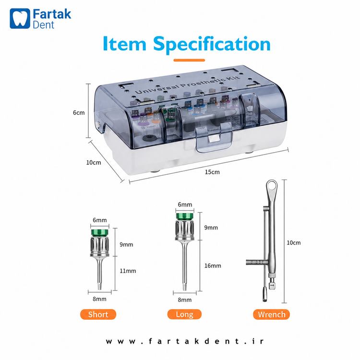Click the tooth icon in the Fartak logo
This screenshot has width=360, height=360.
tap(20, 18)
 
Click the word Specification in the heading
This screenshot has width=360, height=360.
tap(212, 44)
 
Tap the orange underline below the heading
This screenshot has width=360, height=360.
tap(189, 60)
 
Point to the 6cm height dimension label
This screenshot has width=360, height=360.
tap(79, 112)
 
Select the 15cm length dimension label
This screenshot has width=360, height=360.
tap(212, 172)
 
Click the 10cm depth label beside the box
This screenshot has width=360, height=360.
tap(94, 162)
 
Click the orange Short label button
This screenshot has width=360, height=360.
tap(98, 314)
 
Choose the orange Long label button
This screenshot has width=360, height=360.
tap(184, 314)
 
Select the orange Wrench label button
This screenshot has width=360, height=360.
tap(271, 314)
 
